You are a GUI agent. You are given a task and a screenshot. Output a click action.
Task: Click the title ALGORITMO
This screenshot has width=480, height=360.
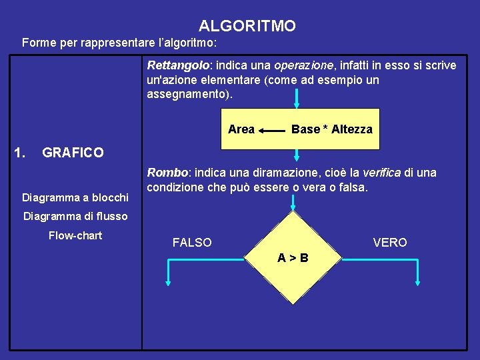coord(247,26)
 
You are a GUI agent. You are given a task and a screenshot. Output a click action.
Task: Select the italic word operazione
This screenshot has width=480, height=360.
coord(304,65)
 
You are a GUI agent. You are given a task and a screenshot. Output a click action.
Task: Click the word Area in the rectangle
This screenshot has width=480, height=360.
coord(241,129)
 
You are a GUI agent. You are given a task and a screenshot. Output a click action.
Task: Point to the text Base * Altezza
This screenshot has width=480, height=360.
coord(331,129)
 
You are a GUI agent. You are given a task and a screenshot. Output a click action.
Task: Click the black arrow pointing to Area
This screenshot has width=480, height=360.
coord(271,131)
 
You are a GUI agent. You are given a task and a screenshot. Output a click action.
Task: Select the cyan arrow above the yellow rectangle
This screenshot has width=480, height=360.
coord(297,99)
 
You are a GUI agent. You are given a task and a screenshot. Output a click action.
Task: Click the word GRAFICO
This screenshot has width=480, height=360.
coord(73,153)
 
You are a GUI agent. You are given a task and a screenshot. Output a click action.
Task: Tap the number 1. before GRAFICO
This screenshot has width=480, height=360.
coord(19,153)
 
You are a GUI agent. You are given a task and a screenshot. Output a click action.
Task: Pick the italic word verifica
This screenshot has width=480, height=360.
coord(381,173)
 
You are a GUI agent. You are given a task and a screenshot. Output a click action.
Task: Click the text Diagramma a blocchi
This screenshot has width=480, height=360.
coord(75,197)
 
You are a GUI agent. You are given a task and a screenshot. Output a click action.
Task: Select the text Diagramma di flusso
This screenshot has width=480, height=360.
coord(75,216)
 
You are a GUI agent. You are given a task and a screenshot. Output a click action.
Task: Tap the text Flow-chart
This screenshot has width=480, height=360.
coord(75,235)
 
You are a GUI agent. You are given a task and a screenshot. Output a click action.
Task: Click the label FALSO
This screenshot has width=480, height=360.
coord(192,243)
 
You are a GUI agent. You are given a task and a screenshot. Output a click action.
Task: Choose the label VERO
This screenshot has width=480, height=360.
coord(390,243)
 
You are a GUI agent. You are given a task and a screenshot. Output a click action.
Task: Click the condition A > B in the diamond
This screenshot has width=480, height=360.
coord(293,257)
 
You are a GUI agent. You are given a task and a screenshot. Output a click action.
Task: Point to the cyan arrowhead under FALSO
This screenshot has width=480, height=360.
coord(169,282)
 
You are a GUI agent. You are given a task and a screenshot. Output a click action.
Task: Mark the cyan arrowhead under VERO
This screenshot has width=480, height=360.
coord(417,282)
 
